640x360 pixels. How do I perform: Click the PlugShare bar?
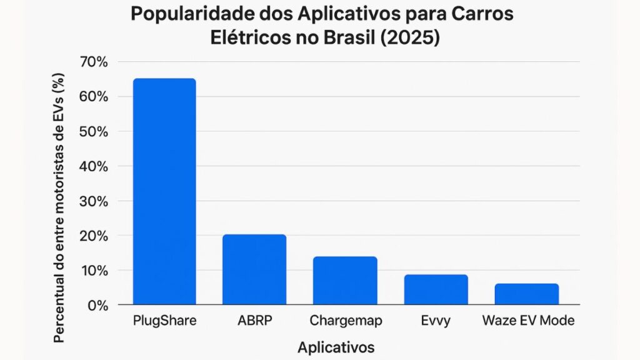coord(164,192)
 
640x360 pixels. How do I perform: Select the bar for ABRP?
coord(254,270)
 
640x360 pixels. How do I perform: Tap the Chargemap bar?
coord(345,281)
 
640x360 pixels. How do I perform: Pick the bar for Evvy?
coord(436,290)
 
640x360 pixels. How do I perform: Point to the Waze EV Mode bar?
coord(526,294)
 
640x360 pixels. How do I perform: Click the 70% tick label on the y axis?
coord(94,62)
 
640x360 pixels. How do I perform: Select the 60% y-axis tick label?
coord(94,97)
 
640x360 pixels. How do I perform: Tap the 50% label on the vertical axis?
coord(94,132)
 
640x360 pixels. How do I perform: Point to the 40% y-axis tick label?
coord(94,166)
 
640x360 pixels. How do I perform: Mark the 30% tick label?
coord(94,201)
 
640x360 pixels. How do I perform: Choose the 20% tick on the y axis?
coord(94,236)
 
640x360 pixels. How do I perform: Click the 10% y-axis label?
coord(94,271)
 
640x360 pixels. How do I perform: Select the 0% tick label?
coord(97,306)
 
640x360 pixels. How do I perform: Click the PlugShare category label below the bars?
coord(164,321)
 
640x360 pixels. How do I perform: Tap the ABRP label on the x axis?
coord(254,321)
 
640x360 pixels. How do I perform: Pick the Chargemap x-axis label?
coord(346,321)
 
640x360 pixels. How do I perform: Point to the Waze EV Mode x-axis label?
coord(528,321)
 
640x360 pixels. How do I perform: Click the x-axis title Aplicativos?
coord(336,347)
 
